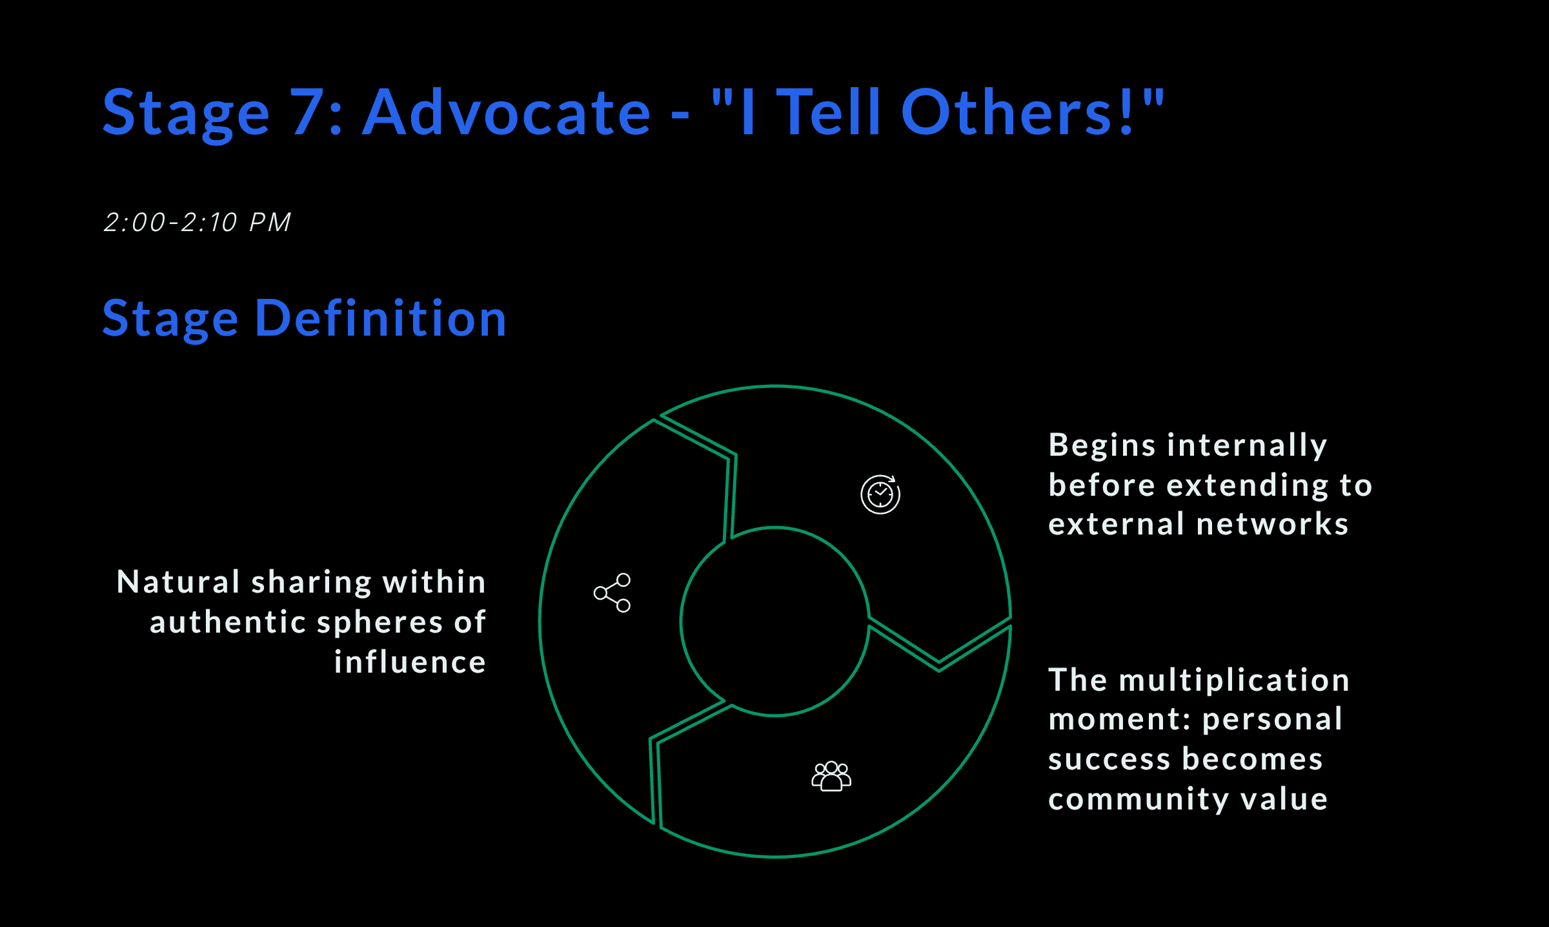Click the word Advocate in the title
click(x=507, y=113)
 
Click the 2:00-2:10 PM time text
click(x=197, y=223)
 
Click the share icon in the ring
click(x=612, y=593)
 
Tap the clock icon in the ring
click(x=880, y=494)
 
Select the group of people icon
click(x=831, y=776)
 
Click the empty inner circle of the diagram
click(x=774, y=621)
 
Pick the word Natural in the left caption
click(x=179, y=582)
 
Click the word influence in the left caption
click(x=410, y=662)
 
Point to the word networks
click(x=1272, y=524)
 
